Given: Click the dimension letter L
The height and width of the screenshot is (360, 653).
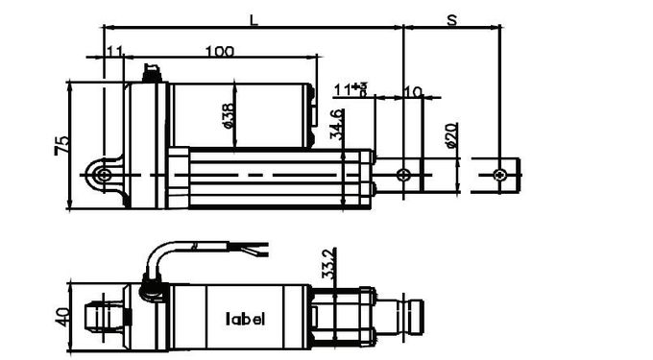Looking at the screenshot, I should click(x=253, y=18).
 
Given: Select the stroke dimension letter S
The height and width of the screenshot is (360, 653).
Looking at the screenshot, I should click(x=451, y=18).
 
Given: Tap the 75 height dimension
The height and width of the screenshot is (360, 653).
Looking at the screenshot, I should click(x=61, y=145).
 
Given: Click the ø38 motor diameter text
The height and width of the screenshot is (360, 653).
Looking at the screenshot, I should click(x=229, y=114).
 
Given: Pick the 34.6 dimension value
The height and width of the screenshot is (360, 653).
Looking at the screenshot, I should click(x=336, y=125).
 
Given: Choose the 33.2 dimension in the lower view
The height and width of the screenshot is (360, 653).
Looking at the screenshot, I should click(x=328, y=262).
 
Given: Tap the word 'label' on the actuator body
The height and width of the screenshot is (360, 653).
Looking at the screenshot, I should click(x=245, y=319).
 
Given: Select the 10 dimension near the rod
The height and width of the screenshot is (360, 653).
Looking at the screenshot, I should click(x=414, y=91).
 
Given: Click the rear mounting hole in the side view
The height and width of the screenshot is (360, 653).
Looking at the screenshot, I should click(x=102, y=175).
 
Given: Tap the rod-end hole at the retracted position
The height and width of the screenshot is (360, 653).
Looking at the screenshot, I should click(x=403, y=175).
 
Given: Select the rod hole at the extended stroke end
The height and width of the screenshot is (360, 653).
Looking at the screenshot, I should click(x=498, y=175).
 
